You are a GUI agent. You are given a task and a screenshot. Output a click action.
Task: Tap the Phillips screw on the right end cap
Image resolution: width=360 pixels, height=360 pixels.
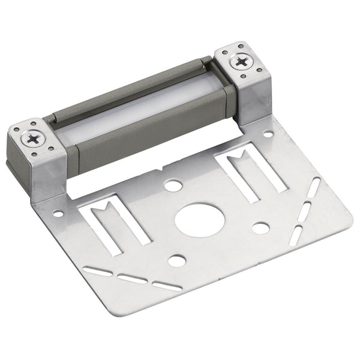click(x=241, y=61)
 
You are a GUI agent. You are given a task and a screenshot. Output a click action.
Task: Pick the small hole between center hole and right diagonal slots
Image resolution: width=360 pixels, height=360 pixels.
click(x=260, y=227)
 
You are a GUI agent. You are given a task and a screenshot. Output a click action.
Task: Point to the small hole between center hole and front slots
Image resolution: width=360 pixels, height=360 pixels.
click(x=176, y=260)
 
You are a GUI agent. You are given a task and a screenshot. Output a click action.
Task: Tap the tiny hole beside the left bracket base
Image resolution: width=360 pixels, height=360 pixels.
click(x=58, y=213)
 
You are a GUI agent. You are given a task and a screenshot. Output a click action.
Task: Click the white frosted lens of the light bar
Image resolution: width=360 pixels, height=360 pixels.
click(x=138, y=120)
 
